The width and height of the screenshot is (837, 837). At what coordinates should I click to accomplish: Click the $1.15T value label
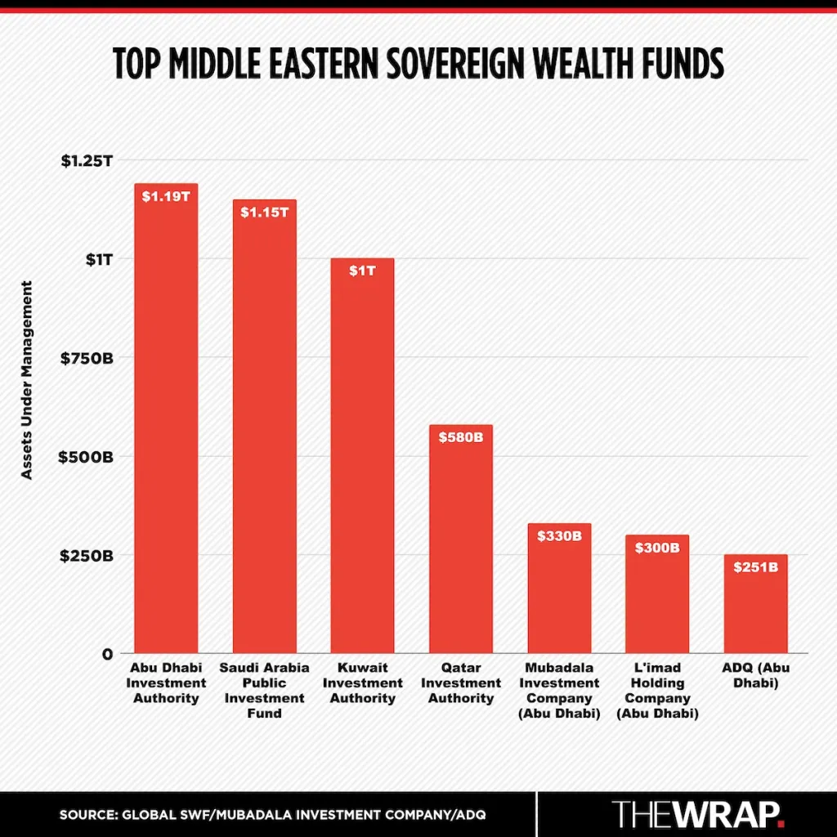point(264,212)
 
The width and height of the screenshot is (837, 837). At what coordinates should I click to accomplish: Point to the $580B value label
point(461,437)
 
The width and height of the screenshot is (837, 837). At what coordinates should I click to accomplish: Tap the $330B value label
point(559,536)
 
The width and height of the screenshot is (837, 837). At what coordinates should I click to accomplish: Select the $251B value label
point(755,566)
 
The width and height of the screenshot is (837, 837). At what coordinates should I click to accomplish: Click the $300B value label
point(657,547)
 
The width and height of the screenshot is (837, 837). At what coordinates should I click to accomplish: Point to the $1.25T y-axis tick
point(87,160)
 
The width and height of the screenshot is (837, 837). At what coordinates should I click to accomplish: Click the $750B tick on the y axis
point(87,358)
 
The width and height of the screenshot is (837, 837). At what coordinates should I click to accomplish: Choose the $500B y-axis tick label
point(87,456)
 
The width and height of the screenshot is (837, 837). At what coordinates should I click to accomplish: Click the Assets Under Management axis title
point(27,380)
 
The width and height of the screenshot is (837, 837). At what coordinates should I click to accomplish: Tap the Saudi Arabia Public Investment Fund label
point(264,691)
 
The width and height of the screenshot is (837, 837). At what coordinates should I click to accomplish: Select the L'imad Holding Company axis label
point(657,691)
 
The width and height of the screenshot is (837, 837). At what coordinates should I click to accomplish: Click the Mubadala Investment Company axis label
point(559,691)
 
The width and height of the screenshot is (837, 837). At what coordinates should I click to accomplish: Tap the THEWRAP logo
point(699,814)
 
